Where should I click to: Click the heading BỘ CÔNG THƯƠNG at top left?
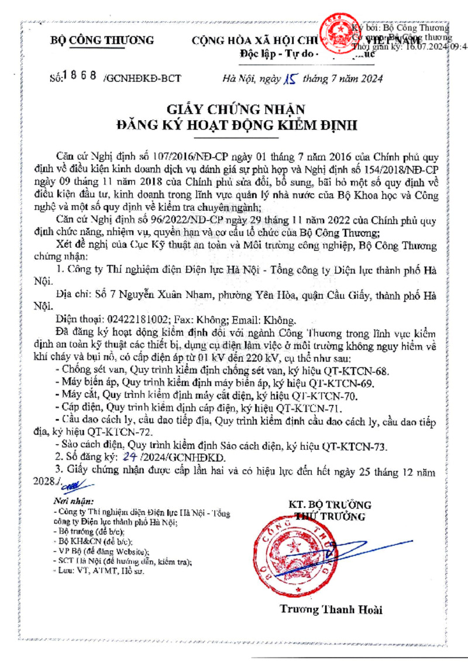102,40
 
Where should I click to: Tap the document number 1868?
80,76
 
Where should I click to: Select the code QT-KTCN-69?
339,383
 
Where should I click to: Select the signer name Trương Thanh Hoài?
331,610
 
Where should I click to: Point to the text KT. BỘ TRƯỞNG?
330,505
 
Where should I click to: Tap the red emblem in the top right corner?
335,30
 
